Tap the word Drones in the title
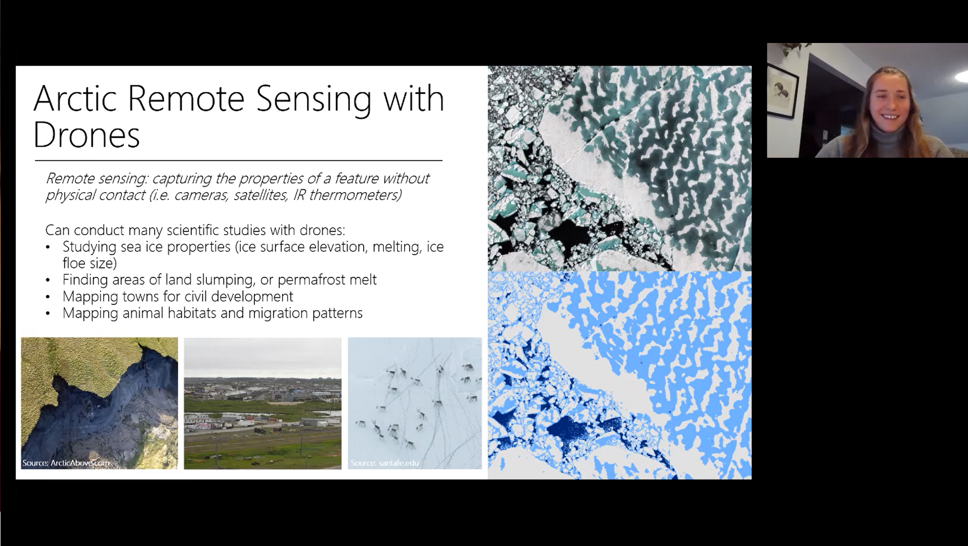(x=86, y=135)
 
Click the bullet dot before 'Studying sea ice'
(x=48, y=248)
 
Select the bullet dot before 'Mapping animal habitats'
(x=48, y=313)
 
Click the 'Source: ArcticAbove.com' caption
(x=66, y=463)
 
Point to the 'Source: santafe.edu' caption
(x=384, y=463)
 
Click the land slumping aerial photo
(x=99, y=403)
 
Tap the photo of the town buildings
(x=262, y=403)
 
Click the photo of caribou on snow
(x=415, y=403)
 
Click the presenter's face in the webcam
(x=889, y=108)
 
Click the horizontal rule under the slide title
(x=238, y=161)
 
